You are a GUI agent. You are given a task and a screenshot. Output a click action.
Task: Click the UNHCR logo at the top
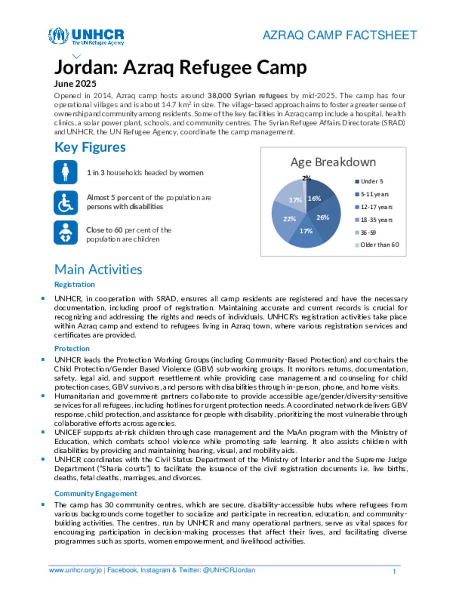[x=86, y=36]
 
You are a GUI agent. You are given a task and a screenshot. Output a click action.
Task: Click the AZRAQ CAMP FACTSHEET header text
[x=339, y=35]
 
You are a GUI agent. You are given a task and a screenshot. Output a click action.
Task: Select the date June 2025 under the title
[x=75, y=83]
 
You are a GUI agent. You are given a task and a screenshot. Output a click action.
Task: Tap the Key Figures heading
[x=90, y=147]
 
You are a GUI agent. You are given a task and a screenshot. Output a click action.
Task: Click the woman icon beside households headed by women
[x=65, y=172]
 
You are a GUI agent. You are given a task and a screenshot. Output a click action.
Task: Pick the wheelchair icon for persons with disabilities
[x=65, y=202]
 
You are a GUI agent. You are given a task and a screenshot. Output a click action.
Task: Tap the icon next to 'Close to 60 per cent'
[x=65, y=233]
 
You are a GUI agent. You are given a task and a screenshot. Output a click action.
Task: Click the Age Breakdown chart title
[x=333, y=162]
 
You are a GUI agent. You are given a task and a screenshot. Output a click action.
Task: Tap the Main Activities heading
[x=98, y=269]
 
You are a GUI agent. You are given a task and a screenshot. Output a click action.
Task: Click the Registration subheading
[x=74, y=284]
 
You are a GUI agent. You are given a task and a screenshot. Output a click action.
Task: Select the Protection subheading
[x=72, y=348]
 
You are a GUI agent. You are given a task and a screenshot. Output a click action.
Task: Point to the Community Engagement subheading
[x=96, y=493]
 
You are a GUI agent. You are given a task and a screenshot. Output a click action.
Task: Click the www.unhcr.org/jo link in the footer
[x=75, y=570]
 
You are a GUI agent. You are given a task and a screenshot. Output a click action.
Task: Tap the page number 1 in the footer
[x=394, y=571]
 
